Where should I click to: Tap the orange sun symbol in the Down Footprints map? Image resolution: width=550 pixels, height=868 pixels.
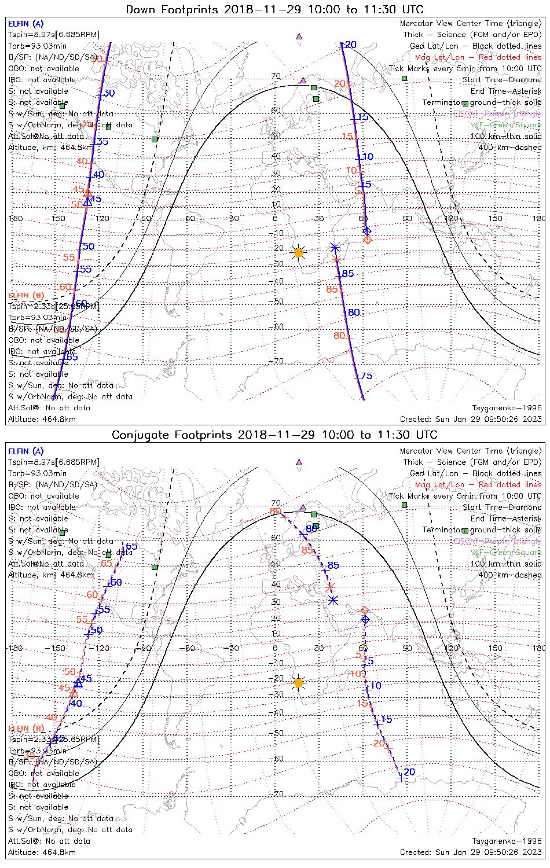click(x=298, y=252)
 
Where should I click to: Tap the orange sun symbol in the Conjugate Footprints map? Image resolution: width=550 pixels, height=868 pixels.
click(x=298, y=683)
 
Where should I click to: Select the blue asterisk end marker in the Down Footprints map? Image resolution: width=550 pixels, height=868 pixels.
click(x=335, y=247)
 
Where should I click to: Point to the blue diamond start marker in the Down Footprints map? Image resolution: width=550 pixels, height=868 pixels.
click(x=366, y=231)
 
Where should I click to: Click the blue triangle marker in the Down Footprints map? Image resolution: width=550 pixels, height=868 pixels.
click(x=87, y=201)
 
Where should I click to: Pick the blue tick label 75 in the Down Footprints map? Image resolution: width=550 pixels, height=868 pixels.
click(x=365, y=376)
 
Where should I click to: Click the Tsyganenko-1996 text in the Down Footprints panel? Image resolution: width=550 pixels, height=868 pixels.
click(x=507, y=408)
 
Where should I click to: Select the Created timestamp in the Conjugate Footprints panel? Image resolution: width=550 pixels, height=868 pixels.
click(x=471, y=852)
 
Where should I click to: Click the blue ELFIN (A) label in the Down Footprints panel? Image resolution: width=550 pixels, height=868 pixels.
click(x=25, y=24)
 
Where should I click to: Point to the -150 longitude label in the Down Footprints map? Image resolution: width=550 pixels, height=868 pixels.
click(x=58, y=219)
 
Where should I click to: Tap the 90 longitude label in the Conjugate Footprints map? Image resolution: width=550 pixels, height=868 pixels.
click(x=408, y=648)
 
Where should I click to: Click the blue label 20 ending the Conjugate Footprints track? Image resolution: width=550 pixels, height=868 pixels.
click(x=409, y=772)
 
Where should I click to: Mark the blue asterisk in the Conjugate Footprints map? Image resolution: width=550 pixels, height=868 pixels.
click(x=333, y=599)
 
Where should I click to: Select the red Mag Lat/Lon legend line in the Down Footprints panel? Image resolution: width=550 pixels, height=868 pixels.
click(x=478, y=57)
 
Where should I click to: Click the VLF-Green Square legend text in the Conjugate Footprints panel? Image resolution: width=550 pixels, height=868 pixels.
click(x=505, y=552)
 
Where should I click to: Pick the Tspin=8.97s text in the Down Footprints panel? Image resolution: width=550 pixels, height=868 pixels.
click(x=31, y=35)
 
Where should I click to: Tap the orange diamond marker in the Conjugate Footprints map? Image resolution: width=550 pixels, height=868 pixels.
click(x=364, y=610)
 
